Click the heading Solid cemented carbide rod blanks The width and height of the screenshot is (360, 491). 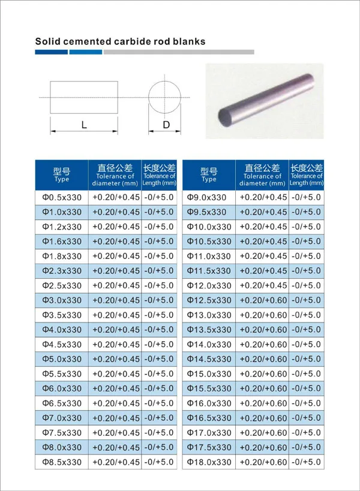tap(120, 41)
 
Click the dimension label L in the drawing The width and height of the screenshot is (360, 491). tap(84, 125)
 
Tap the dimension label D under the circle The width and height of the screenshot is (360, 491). tap(166, 125)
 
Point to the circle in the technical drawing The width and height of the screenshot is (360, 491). tap(166, 97)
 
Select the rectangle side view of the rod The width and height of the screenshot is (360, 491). tap(84, 97)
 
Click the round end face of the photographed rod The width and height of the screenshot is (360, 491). tap(228, 115)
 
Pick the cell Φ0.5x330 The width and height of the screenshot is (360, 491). tap(61, 197)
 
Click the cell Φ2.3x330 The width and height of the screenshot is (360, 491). tap(61, 271)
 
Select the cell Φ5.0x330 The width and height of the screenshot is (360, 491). tap(61, 359)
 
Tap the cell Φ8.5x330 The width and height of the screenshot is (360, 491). tap(61, 462)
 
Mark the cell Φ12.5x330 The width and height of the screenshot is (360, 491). tap(209, 300)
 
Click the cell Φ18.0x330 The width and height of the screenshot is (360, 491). tap(209, 462)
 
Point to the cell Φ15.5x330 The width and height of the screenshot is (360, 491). tap(209, 388)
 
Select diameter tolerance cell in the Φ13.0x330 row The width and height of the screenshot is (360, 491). tap(263, 315)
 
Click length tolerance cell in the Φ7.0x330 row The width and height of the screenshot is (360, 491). tap(159, 418)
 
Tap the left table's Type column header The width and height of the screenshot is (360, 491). tap(61, 175)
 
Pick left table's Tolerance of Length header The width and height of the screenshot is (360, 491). tap(159, 175)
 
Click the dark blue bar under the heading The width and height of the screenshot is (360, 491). tap(51, 52)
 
